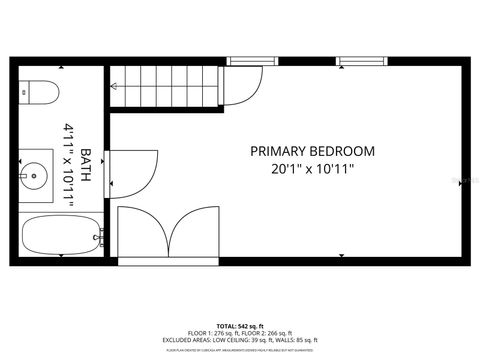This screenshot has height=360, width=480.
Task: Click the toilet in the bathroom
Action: (37, 92)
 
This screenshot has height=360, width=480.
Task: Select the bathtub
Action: (58, 237)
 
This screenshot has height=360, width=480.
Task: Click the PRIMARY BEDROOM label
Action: (312, 151)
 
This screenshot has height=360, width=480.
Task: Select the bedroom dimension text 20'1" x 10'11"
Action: (312, 169)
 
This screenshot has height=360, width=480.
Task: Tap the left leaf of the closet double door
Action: (143, 236)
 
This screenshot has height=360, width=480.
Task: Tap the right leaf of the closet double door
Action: (194, 236)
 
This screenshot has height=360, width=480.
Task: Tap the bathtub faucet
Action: (101, 237)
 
